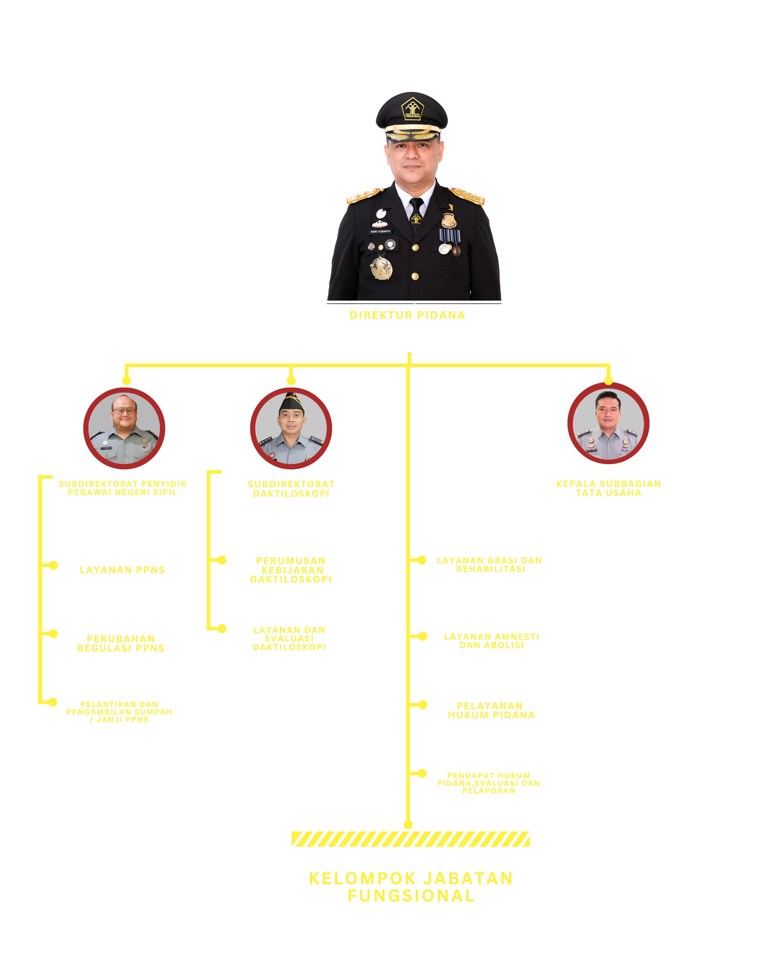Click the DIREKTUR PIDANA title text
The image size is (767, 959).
coord(407,315)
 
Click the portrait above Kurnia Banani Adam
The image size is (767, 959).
coord(291,428)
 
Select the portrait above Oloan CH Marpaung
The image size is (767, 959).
coord(608,423)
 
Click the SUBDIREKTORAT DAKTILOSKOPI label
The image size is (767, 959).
coord(291,489)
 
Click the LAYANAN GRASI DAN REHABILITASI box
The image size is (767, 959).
coord(489,562)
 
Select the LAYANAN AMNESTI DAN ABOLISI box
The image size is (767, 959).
coord(490,638)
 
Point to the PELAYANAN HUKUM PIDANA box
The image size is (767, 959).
coord(490,706)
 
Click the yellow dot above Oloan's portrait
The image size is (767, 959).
coord(608,381)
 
